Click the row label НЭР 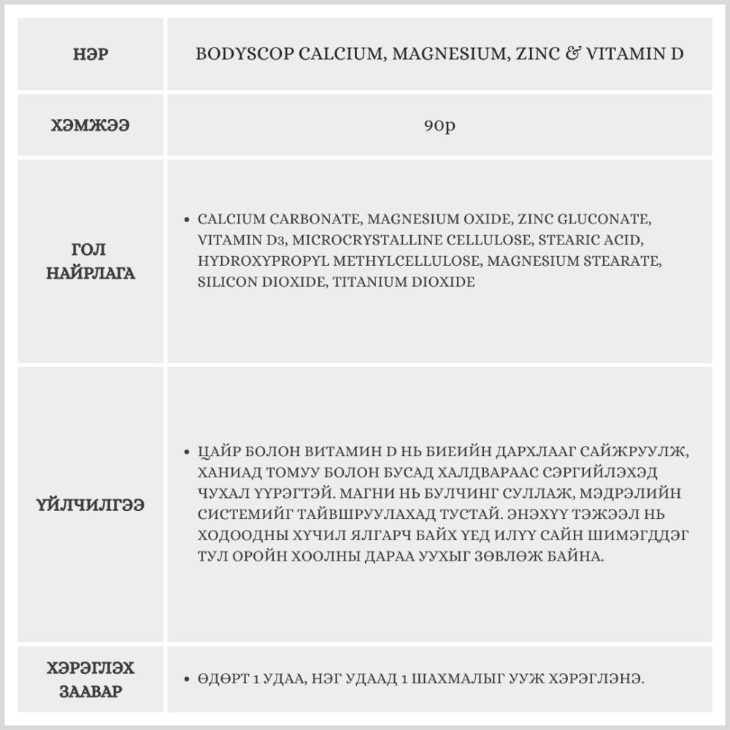click(x=91, y=55)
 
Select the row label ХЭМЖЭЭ click(x=91, y=126)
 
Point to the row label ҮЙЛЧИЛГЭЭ click(x=91, y=504)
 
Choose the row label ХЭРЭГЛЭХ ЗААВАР click(x=91, y=680)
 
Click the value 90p click(x=439, y=126)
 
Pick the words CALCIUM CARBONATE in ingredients click(x=278, y=219)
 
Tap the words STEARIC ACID click(x=590, y=240)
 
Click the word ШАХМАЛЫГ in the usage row click(x=454, y=680)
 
